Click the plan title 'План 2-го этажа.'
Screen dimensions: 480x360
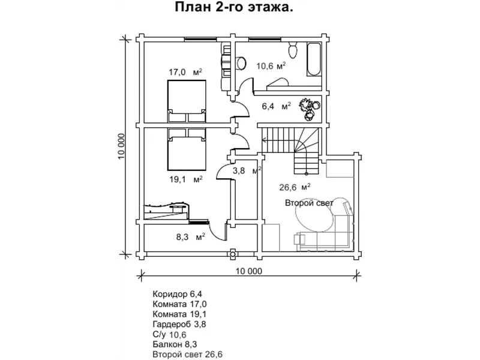coord(234,7)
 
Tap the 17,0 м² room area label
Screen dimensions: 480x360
coord(185,72)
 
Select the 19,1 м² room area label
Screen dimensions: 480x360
coord(186,179)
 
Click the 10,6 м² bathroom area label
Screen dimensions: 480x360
coord(271,66)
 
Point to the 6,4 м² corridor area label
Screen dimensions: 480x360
coord(276,107)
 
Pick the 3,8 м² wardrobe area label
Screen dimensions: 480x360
coord(247,170)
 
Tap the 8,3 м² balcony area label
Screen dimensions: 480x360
coord(190,236)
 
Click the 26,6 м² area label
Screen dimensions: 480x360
coord(295,187)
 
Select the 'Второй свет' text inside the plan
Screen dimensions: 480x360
coord(309,203)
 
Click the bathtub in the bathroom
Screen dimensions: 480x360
coord(314,59)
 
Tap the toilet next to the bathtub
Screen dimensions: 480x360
coord(293,50)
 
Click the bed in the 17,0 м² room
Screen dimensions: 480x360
coord(187,101)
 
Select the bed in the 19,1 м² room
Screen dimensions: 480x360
coord(187,149)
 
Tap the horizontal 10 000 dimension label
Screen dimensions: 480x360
coord(249,271)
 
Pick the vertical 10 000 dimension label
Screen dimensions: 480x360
coord(122,146)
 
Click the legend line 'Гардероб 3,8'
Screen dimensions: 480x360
coord(179,324)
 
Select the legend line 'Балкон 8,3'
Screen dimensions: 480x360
coord(175,344)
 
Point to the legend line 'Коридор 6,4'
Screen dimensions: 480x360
coord(177,295)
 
